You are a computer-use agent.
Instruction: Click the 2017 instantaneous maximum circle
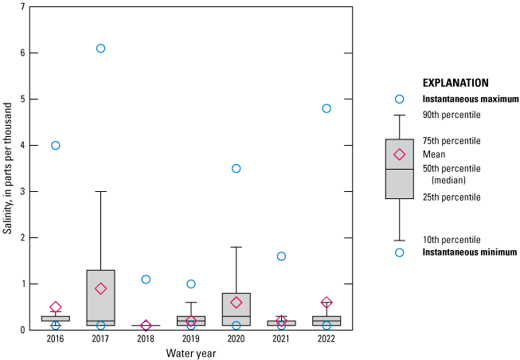point(100,49)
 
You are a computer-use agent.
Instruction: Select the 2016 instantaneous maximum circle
point(56,146)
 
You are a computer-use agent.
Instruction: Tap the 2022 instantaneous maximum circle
point(326,108)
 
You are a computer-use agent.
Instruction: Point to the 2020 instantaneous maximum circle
point(237,169)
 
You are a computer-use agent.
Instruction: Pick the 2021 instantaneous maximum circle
point(281,256)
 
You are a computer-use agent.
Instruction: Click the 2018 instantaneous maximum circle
point(146,280)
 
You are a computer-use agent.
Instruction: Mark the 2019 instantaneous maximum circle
point(191,284)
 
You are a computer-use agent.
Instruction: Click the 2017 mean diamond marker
point(100,288)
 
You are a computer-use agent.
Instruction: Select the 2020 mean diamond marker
point(237,303)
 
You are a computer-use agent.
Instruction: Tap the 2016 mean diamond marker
point(56,307)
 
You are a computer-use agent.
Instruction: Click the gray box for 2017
point(100,296)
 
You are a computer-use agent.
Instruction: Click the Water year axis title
point(190,353)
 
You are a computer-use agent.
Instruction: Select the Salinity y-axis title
point(7,168)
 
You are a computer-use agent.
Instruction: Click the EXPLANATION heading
point(455,82)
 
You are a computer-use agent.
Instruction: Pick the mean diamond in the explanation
point(400,155)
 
